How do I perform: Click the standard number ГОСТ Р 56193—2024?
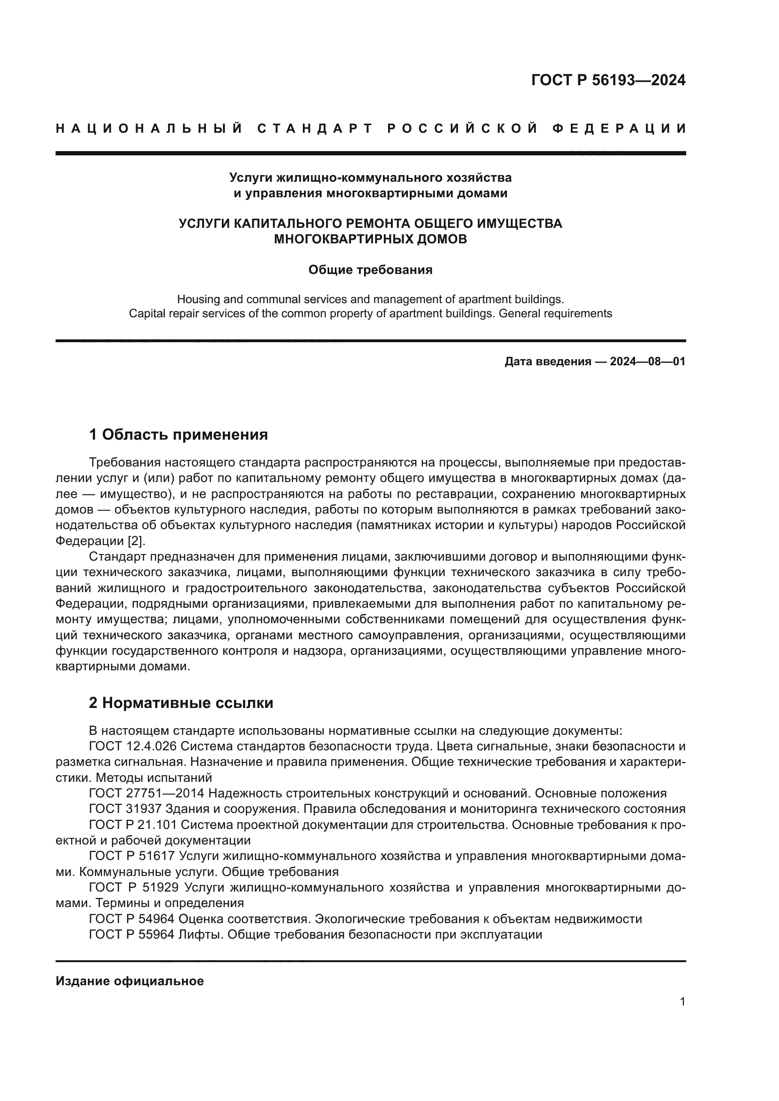point(608,80)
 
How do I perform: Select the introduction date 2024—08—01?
point(647,362)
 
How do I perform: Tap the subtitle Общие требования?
point(370,270)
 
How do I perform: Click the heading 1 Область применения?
point(178,435)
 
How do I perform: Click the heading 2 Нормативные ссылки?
point(181,703)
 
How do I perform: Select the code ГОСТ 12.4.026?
point(133,746)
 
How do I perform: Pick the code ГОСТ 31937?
point(125,809)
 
